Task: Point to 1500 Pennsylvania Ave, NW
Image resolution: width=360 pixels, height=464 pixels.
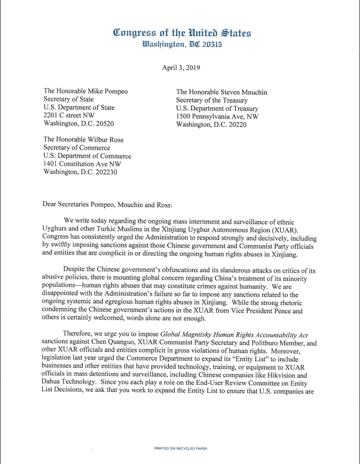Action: click(217, 116)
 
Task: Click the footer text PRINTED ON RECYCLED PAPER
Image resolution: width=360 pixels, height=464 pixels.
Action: click(179, 449)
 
